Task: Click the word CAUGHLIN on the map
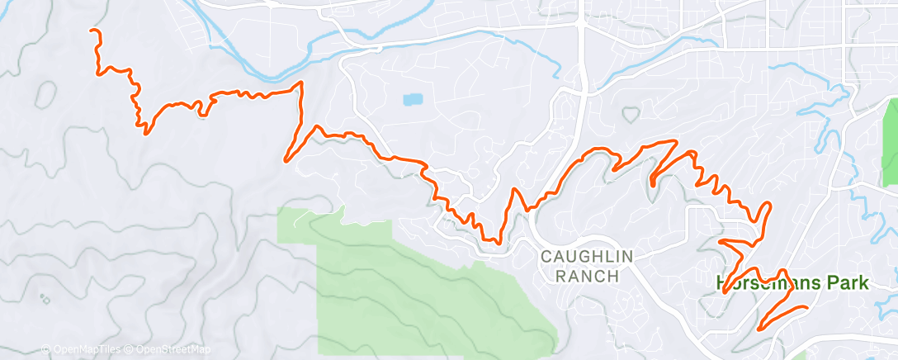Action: click(586, 258)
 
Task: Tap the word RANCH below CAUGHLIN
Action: click(587, 277)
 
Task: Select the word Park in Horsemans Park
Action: click(845, 283)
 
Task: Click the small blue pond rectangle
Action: click(412, 100)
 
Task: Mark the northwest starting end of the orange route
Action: click(92, 31)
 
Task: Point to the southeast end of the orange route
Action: click(806, 308)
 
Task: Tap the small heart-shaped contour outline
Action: click(631, 112)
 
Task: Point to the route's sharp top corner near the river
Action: click(300, 83)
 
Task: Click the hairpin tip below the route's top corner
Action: click(286, 159)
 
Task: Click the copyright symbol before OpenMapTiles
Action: click(45, 350)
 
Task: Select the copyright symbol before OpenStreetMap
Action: click(130, 350)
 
